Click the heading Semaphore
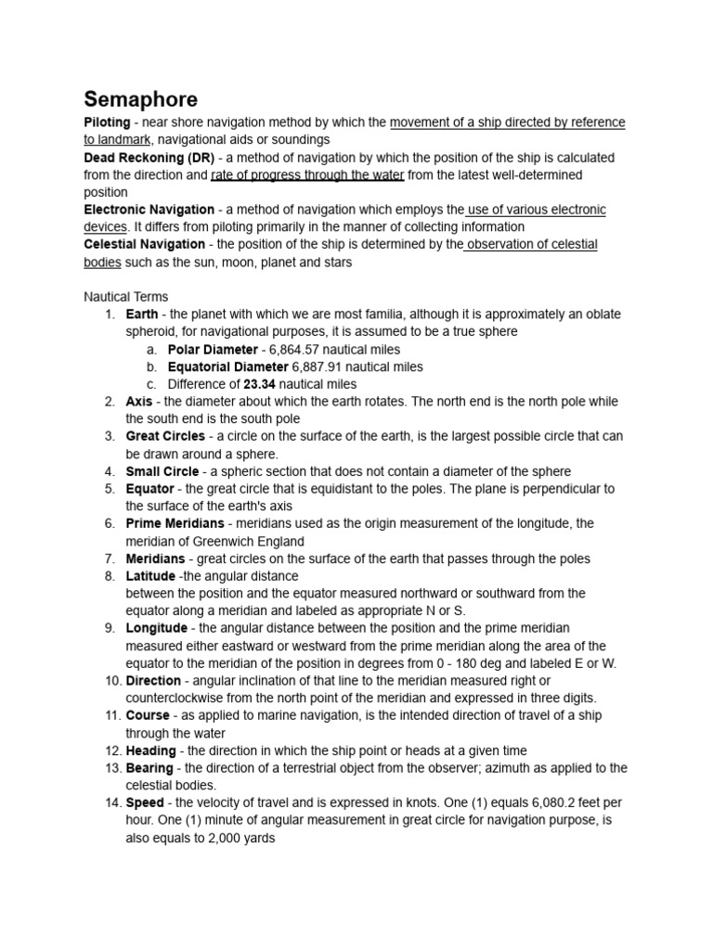click(140, 98)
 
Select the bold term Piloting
click(107, 122)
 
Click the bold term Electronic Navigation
click(149, 210)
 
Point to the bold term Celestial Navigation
click(144, 244)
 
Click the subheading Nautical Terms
click(126, 297)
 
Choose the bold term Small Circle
click(162, 471)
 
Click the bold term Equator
click(149, 489)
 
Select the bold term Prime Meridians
click(175, 523)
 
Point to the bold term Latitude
click(150, 576)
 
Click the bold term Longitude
click(156, 628)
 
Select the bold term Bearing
click(149, 768)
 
